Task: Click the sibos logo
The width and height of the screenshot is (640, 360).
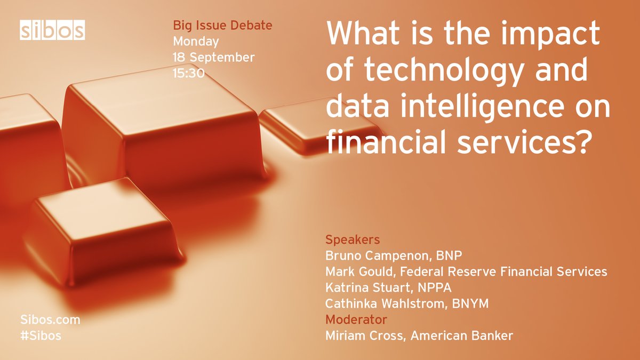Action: pyautogui.click(x=52, y=30)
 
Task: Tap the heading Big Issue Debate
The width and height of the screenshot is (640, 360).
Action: pyautogui.click(x=222, y=25)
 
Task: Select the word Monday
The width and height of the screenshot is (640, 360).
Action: pyautogui.click(x=196, y=41)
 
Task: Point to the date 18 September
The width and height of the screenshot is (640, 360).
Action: pyautogui.click(x=214, y=57)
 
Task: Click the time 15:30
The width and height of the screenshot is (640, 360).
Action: pyautogui.click(x=188, y=73)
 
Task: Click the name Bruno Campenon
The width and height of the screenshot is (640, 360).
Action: pyautogui.click(x=380, y=255)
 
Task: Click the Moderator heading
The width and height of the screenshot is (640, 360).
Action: pyautogui.click(x=356, y=320)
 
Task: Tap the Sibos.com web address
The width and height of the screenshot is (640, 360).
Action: pyautogui.click(x=50, y=320)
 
